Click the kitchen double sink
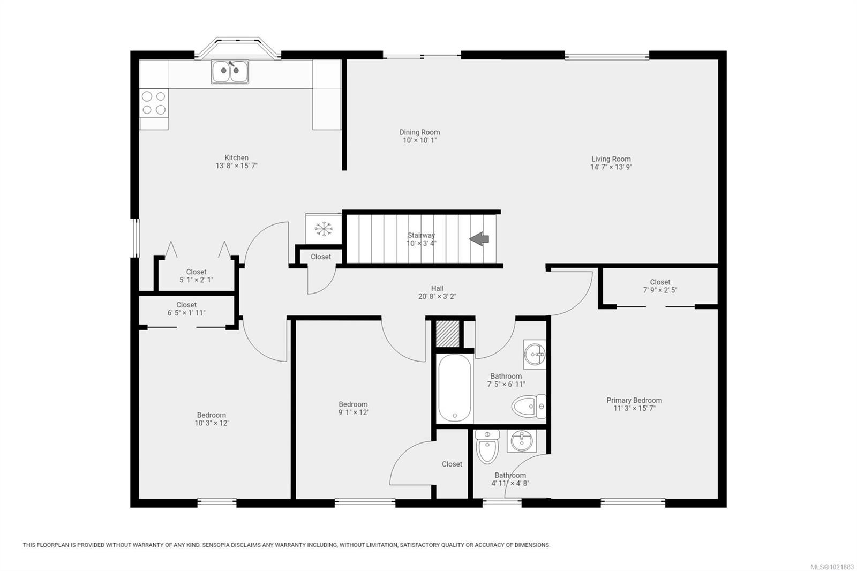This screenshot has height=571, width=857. coord(230,72)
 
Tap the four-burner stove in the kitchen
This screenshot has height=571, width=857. coord(154,103)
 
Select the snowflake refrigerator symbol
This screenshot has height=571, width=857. coord(324,229)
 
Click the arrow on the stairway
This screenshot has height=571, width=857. coord(479,238)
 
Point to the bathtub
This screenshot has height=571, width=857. coord(455,388)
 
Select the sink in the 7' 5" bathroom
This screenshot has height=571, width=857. coord(535,354)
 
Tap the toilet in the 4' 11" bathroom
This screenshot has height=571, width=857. coord(487,446)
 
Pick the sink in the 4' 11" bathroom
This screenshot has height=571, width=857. coord(521,441)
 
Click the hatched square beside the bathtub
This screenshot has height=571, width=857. coord(447,334)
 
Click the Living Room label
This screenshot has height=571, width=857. coord(611,159)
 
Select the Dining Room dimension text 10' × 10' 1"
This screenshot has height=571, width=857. coord(420,140)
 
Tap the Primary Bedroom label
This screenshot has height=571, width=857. coord(634,400)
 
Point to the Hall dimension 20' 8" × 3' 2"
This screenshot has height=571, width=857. coord(437,296)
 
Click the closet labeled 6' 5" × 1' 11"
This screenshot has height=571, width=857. coord(186,309)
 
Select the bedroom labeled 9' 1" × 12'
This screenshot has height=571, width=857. coord(353,408)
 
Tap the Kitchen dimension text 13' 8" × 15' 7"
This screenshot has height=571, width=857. coord(236,166)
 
